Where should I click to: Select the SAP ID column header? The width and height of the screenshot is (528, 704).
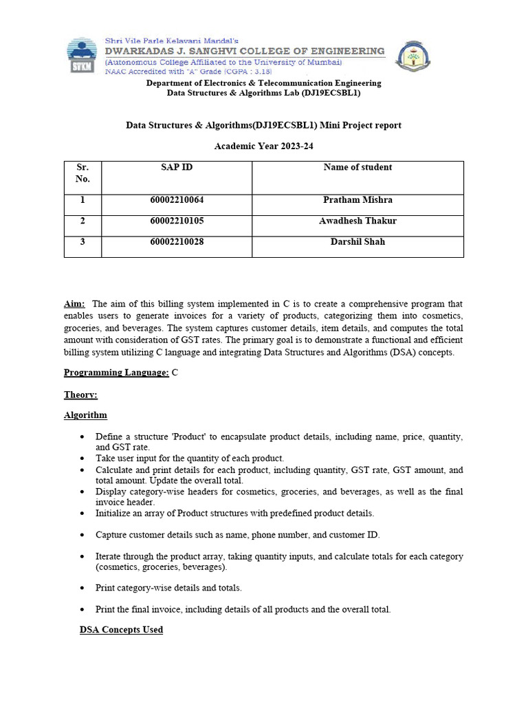[x=177, y=167]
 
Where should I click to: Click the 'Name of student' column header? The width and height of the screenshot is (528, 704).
[x=357, y=167]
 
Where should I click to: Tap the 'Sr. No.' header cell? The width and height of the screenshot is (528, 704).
[x=82, y=173]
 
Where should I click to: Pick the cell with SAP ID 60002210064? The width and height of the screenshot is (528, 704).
[x=177, y=200]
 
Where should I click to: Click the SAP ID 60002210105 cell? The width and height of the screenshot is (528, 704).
[x=177, y=221]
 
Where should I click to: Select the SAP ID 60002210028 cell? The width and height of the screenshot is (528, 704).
[x=177, y=241]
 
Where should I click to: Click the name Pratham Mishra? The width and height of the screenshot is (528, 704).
[x=357, y=200]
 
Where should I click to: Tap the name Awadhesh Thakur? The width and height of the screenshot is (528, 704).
[x=357, y=221]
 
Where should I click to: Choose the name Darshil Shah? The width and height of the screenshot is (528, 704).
[x=357, y=241]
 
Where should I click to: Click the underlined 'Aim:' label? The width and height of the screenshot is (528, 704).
[x=74, y=304]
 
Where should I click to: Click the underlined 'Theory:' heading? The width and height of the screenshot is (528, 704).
[x=80, y=395]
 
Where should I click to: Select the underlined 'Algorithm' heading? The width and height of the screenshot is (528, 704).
[x=85, y=415]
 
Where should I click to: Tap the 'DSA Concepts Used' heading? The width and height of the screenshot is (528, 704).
[x=121, y=630]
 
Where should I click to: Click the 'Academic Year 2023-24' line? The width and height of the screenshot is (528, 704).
[x=263, y=146]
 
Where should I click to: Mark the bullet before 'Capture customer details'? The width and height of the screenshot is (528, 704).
[x=83, y=535]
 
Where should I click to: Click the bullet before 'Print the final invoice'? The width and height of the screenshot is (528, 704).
[x=83, y=609]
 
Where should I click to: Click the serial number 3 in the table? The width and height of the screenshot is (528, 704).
[x=82, y=241]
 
